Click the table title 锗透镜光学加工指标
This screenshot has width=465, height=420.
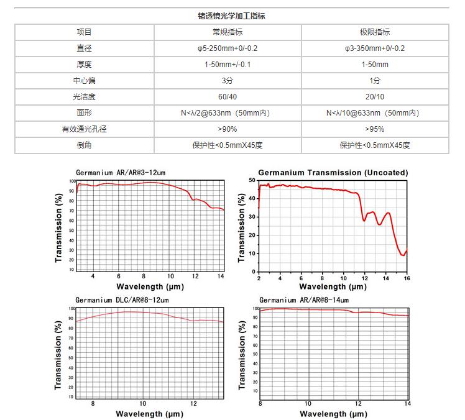pos(232,16)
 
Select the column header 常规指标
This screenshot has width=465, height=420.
pos(228,32)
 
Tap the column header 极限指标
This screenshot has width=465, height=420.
pos(375,32)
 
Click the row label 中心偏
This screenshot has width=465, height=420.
pos(84,81)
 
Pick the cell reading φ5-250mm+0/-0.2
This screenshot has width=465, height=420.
pos(228,48)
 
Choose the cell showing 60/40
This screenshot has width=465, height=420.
pos(228,97)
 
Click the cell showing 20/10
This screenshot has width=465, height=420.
pos(375,97)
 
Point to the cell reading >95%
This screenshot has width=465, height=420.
pos(375,129)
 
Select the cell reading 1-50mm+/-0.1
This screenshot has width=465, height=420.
pos(228,65)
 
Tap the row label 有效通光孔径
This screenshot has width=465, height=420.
pos(84,129)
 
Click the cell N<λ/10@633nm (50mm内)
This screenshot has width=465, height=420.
pos(375,113)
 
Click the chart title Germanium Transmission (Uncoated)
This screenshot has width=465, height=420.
pos(333,172)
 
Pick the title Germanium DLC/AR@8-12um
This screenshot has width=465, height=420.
pos(122,299)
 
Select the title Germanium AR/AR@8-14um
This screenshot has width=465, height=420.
pos(304,299)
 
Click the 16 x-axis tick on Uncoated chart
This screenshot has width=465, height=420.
pos(407,278)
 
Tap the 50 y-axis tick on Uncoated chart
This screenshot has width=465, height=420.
pos(252,180)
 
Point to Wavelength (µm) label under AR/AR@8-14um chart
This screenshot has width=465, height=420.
pos(333,413)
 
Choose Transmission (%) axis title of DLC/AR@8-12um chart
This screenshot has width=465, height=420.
pos(58,353)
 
